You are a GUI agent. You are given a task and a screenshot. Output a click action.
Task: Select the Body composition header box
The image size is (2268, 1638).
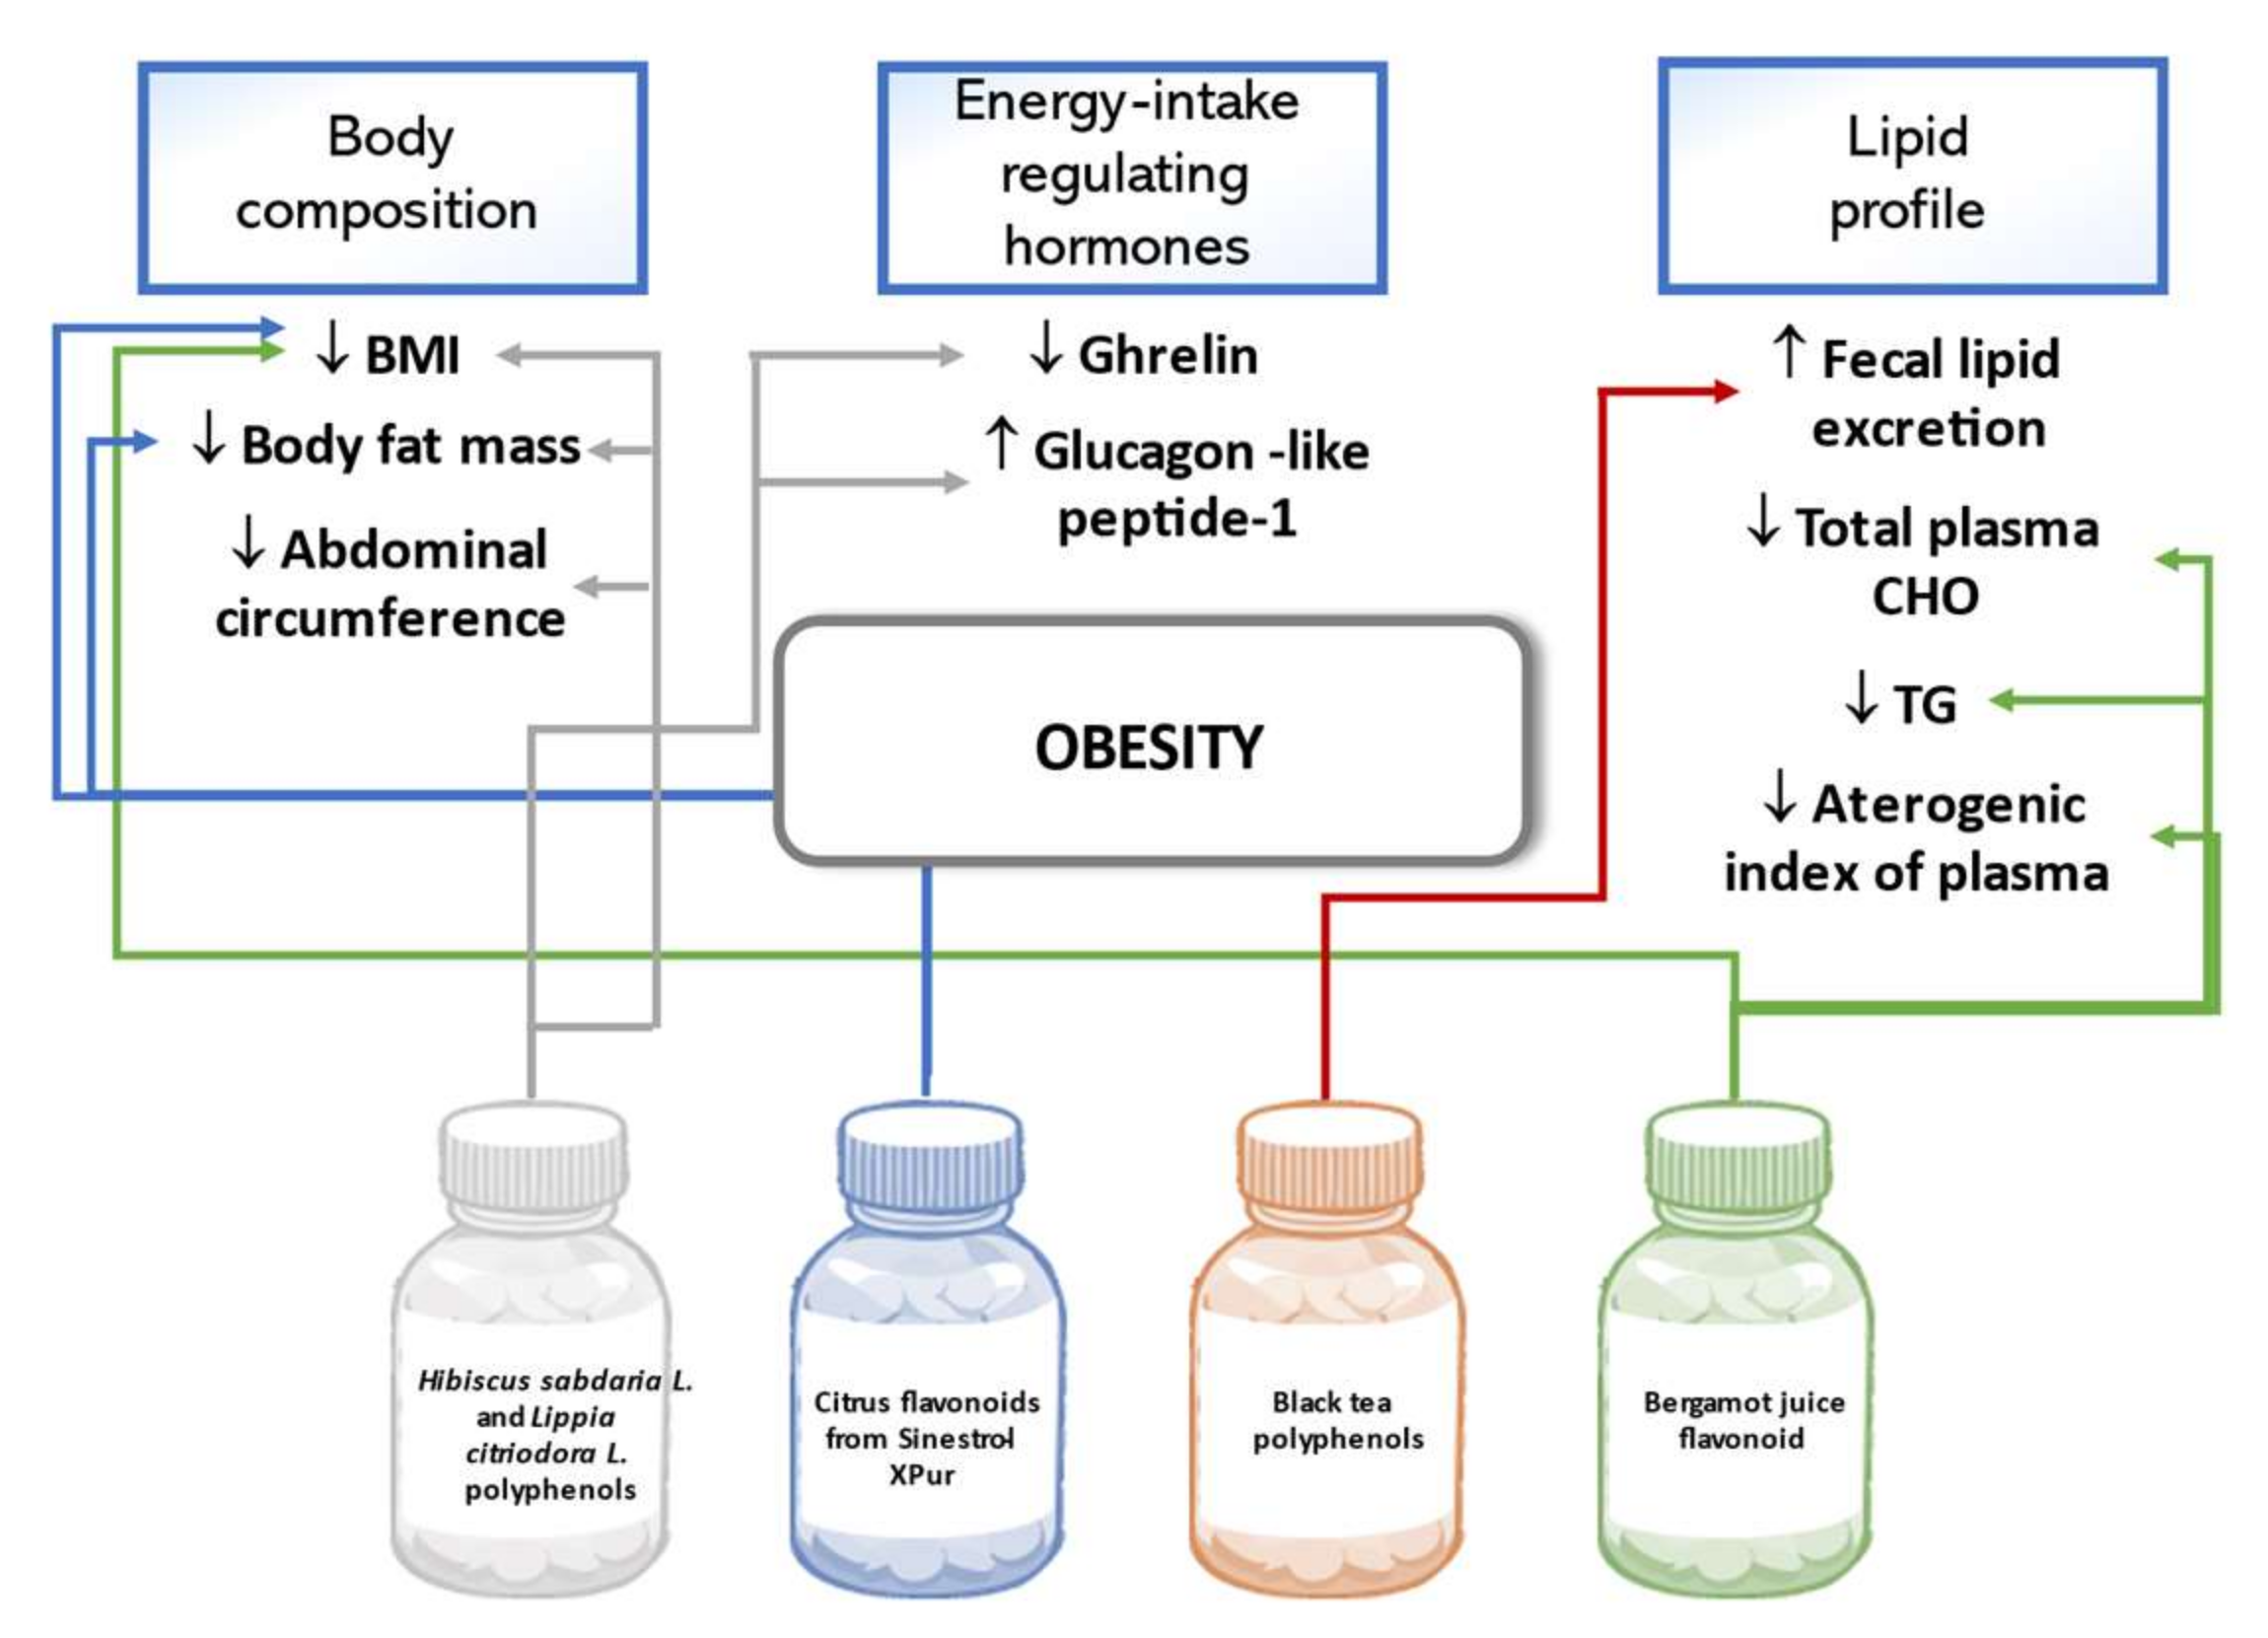tap(392, 177)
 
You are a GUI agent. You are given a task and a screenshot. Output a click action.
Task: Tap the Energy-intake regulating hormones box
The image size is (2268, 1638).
tap(1131, 177)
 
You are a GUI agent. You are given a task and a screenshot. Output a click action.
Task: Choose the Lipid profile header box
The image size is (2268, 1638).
tap(1911, 175)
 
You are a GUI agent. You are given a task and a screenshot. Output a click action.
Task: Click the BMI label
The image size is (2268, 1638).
tap(410, 355)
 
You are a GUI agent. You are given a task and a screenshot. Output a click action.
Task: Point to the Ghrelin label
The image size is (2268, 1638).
tap(1166, 355)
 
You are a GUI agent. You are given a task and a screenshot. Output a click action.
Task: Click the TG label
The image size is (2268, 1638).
tap(1922, 704)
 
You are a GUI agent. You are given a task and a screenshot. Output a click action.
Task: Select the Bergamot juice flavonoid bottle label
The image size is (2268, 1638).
tap(1743, 1420)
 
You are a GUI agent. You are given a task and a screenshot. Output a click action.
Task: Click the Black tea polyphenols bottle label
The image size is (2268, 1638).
tap(1336, 1420)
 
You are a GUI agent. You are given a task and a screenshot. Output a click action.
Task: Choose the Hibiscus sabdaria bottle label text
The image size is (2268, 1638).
tap(553, 1434)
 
